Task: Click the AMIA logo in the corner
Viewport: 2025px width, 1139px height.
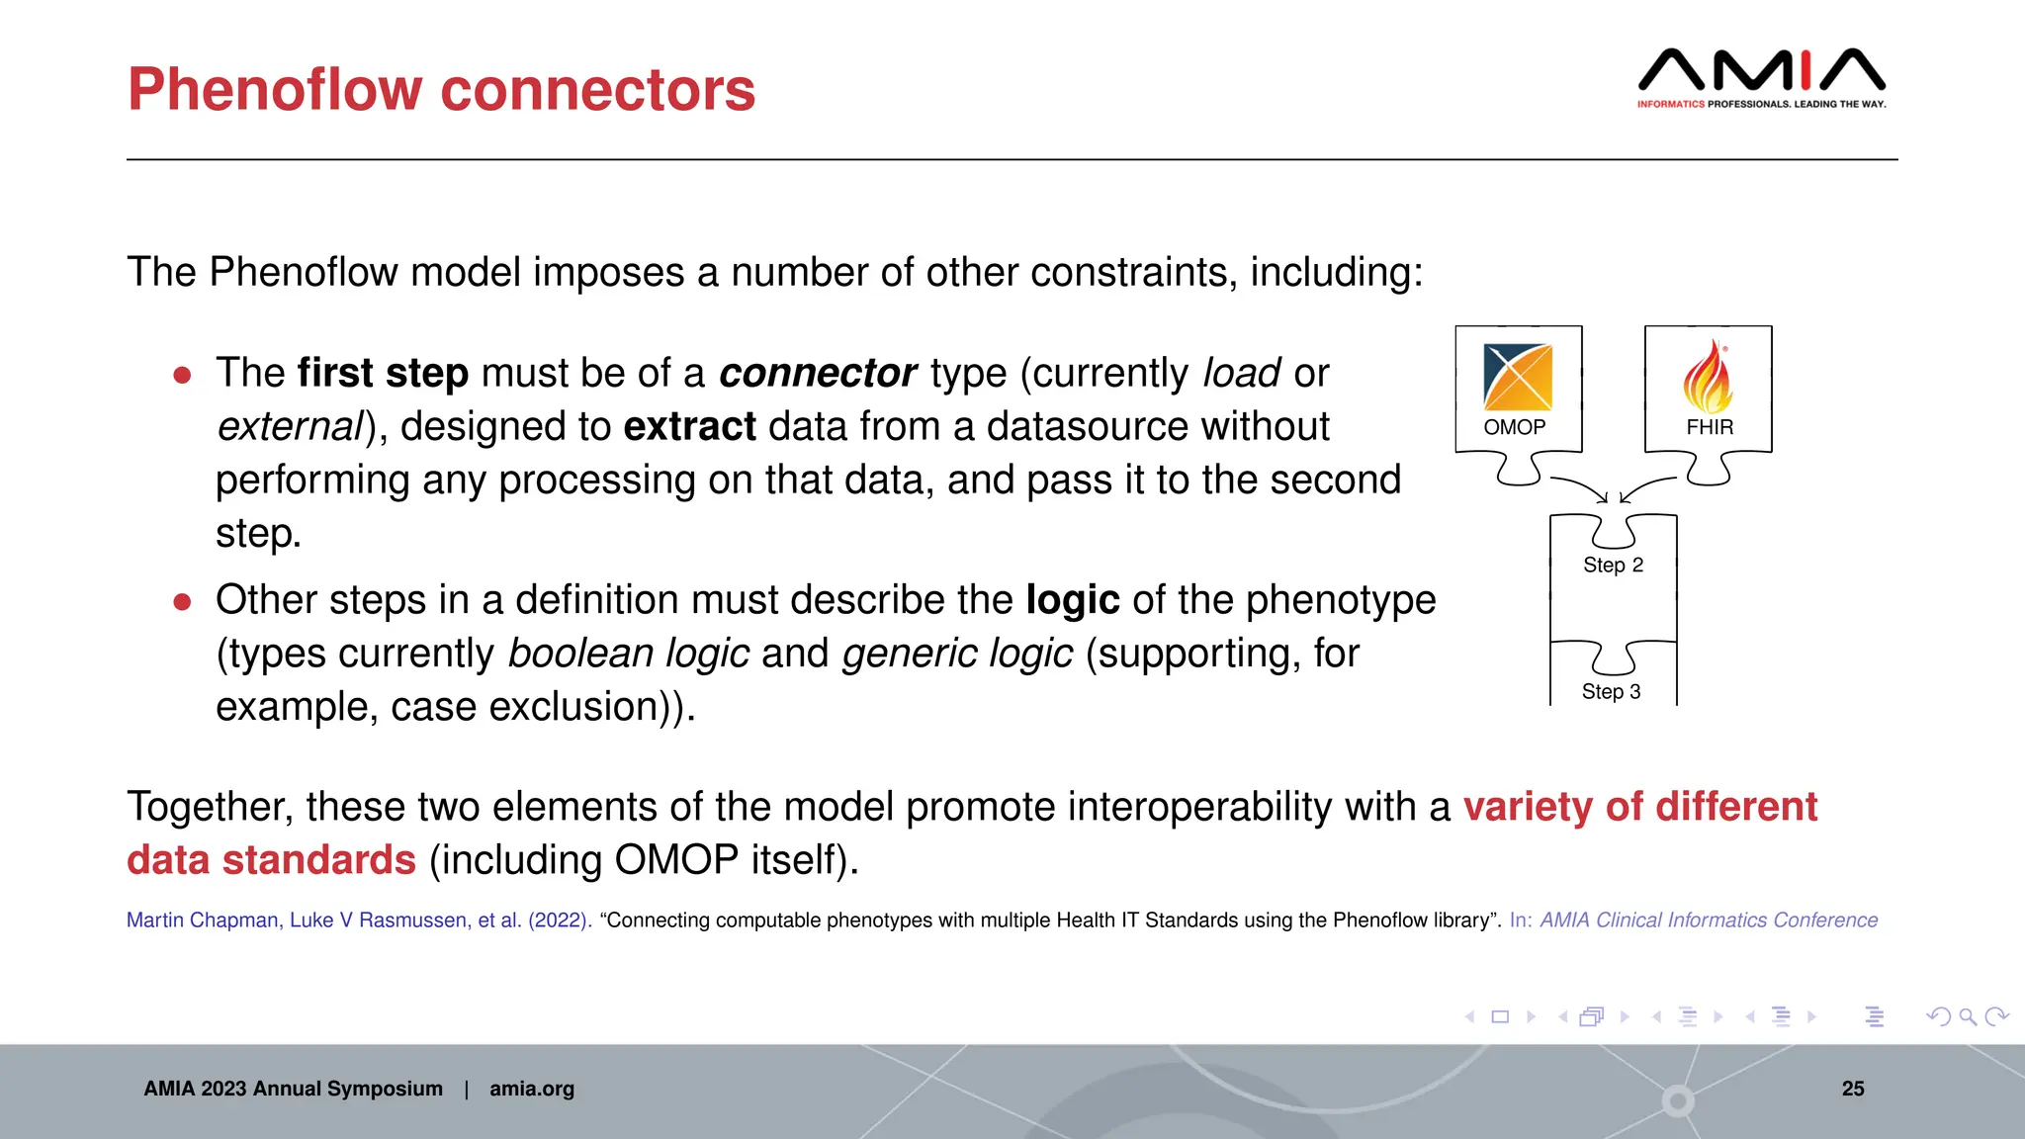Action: pos(1761,77)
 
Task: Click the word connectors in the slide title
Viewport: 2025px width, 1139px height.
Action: pos(597,90)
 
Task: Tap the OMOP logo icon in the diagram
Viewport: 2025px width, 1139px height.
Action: pos(1518,377)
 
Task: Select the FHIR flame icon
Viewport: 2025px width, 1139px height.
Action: pos(1708,377)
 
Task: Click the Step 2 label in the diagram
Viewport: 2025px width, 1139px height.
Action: pos(1613,565)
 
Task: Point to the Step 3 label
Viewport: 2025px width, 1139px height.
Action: pos(1611,691)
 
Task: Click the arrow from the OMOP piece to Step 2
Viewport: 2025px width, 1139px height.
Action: pos(1580,487)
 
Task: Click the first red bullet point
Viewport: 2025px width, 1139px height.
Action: pos(182,375)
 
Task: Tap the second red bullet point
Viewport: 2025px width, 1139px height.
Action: pos(182,601)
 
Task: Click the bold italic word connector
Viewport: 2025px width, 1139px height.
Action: pos(817,374)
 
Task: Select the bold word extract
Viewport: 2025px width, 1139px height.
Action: pos(689,427)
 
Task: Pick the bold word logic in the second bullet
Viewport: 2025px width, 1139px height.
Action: pos(1072,600)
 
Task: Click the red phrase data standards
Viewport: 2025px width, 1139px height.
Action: pos(271,859)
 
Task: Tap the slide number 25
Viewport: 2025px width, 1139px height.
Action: pos(1852,1089)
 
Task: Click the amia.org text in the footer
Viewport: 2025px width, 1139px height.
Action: pos(531,1089)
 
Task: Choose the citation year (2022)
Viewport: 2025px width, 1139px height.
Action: pos(560,920)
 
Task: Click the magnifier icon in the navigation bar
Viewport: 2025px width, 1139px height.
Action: pos(1968,1016)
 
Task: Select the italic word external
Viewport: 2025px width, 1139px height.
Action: pos(290,427)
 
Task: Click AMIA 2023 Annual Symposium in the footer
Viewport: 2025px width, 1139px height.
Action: pos(293,1089)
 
